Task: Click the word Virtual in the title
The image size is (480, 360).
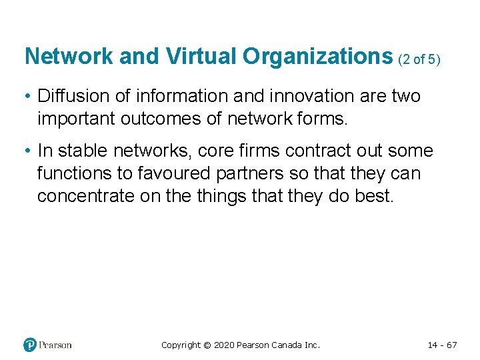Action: (x=201, y=57)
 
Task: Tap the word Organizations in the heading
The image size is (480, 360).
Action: (x=317, y=57)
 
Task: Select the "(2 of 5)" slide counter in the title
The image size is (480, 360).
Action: (x=419, y=59)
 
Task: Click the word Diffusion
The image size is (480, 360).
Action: (x=72, y=96)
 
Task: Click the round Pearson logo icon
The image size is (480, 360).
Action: (x=30, y=345)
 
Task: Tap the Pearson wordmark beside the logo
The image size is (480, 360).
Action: (x=55, y=345)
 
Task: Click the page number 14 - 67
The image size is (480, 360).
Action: (x=442, y=345)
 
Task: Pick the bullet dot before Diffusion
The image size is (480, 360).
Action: (x=28, y=97)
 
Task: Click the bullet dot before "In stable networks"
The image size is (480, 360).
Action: (x=28, y=151)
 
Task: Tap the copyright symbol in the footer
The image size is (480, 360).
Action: (x=207, y=345)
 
